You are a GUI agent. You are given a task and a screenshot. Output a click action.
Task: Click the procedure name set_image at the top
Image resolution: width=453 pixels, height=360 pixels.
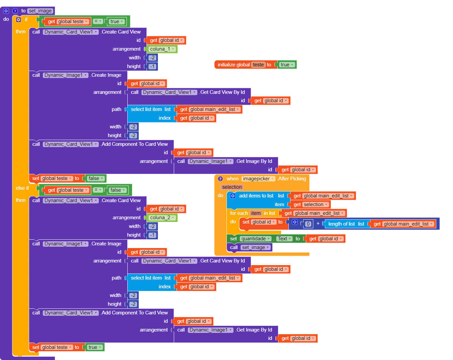coord(40,11)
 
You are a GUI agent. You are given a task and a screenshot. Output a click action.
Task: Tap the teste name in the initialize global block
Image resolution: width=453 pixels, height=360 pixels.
coord(258,65)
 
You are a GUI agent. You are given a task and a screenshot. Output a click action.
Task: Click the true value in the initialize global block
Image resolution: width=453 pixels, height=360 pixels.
coord(287,65)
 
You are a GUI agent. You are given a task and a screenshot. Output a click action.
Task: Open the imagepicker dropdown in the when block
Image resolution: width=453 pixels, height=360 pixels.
coord(258,179)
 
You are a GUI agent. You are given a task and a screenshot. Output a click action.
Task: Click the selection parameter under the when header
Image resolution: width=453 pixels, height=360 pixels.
coord(232,187)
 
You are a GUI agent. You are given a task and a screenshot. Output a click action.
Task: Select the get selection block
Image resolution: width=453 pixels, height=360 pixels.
coord(310,204)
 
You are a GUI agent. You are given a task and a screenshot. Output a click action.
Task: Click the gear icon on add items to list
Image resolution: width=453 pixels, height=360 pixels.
coord(233,196)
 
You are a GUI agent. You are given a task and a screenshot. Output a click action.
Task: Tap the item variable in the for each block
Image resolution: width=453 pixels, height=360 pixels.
coord(256,213)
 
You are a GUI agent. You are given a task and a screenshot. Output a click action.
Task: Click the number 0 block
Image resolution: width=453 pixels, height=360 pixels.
coord(308,224)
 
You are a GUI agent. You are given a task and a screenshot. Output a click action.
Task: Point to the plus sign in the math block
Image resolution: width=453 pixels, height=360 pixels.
coord(318,224)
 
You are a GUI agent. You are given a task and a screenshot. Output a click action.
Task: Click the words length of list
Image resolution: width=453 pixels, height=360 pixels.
coord(341,224)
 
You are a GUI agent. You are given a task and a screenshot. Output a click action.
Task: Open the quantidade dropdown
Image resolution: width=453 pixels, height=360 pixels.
coord(256,239)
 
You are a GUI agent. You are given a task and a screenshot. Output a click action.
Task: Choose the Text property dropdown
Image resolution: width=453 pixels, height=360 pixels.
coord(284,239)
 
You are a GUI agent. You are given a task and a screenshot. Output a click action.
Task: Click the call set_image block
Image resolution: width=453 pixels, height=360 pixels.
coord(234,247)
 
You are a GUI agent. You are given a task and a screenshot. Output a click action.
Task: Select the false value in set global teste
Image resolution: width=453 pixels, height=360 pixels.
coord(95,178)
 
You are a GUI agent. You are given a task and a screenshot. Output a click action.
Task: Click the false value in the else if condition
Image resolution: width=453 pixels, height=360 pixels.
coord(117,190)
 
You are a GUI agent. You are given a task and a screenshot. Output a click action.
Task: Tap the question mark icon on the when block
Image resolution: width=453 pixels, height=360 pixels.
coord(220,179)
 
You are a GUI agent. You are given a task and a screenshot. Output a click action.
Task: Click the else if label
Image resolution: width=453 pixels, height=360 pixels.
coord(22,188)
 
